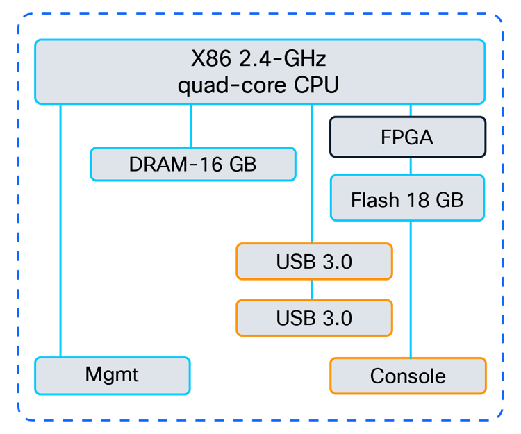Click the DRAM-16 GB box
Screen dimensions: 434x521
tap(193, 165)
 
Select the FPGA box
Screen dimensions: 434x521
tap(407, 137)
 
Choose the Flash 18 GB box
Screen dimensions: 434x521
tap(407, 200)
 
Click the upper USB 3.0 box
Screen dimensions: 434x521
tap(314, 262)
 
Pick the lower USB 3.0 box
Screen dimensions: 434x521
tap(314, 317)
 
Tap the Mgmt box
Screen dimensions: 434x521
tap(112, 375)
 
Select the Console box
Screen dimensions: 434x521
tap(408, 376)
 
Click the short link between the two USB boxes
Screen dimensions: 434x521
tap(313, 290)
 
